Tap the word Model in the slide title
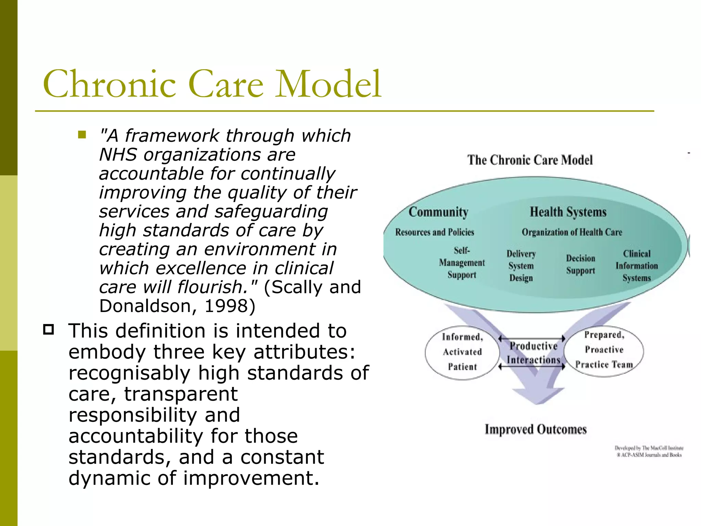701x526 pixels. [x=329, y=84]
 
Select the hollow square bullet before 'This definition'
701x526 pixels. [x=49, y=329]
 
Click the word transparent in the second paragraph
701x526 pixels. [x=180, y=394]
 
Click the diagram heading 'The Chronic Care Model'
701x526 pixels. [x=530, y=160]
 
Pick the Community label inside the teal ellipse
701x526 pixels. [x=438, y=212]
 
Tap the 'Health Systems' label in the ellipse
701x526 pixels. [x=568, y=212]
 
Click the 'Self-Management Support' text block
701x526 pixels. [x=462, y=263]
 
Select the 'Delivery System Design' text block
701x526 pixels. [x=521, y=266]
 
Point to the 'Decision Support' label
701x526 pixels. [x=581, y=264]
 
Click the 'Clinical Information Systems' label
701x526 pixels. [x=637, y=266]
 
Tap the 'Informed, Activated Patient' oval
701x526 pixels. [x=462, y=352]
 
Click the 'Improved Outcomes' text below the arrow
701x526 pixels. [x=536, y=429]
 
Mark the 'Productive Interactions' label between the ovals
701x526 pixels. [x=533, y=353]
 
